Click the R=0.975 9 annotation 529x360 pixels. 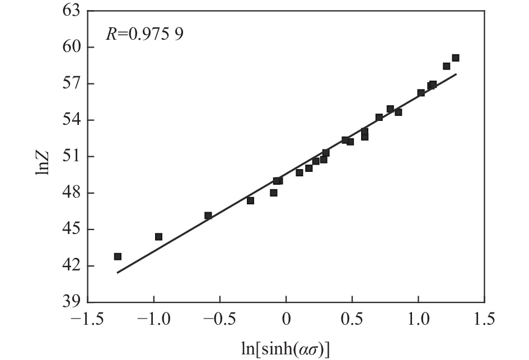145,35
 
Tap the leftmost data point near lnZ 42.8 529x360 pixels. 118,256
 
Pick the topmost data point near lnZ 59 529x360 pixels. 456,58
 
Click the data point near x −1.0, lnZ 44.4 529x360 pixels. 158,237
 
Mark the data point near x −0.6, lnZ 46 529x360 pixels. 208,216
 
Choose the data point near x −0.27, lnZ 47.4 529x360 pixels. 250,200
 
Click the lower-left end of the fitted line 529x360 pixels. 117,273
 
